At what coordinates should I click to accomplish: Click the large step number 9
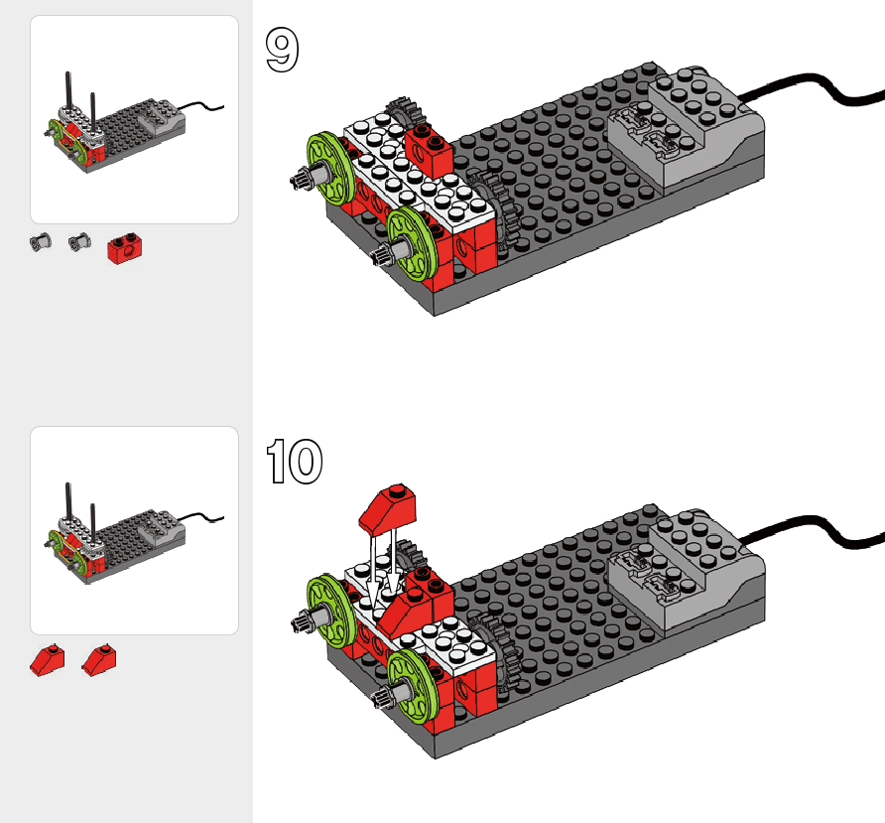(282, 51)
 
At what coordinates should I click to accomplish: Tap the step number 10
(295, 462)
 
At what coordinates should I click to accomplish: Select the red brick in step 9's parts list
(125, 249)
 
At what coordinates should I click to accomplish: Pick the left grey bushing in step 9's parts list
(41, 240)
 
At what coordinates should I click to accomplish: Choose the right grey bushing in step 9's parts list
(78, 240)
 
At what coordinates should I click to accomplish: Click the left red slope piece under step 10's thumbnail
(47, 658)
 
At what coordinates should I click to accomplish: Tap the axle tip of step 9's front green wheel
(380, 260)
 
